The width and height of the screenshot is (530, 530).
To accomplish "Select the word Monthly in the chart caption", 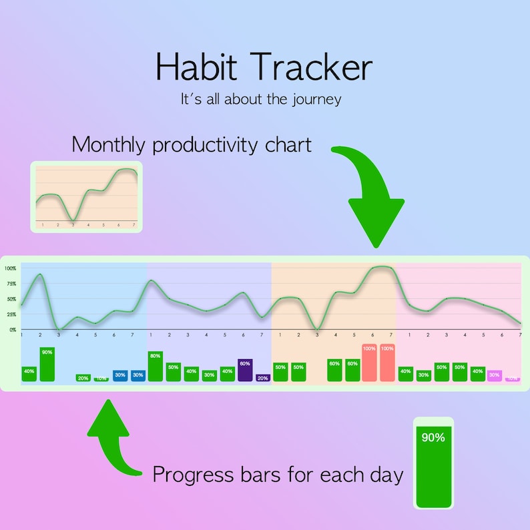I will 109,144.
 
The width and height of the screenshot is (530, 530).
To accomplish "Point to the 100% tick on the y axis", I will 10,268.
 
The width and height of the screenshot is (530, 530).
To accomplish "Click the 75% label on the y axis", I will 10,284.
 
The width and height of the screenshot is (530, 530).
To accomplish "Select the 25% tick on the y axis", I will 10,314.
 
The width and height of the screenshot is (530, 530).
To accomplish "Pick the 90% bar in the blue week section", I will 47,364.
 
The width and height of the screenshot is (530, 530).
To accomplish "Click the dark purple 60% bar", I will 245,370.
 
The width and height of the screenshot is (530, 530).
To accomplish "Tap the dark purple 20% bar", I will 263,378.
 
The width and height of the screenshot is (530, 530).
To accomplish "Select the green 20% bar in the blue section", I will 83,378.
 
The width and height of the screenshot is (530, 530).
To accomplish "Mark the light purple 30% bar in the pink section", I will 494,376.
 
